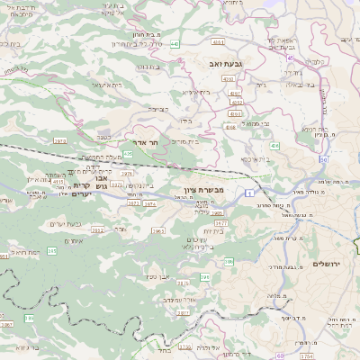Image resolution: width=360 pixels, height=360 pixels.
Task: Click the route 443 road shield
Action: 174,42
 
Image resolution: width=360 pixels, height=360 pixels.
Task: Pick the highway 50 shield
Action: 321,159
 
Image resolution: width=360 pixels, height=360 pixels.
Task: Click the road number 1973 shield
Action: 60,141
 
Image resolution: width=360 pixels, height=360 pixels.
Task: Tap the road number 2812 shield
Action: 98,231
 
